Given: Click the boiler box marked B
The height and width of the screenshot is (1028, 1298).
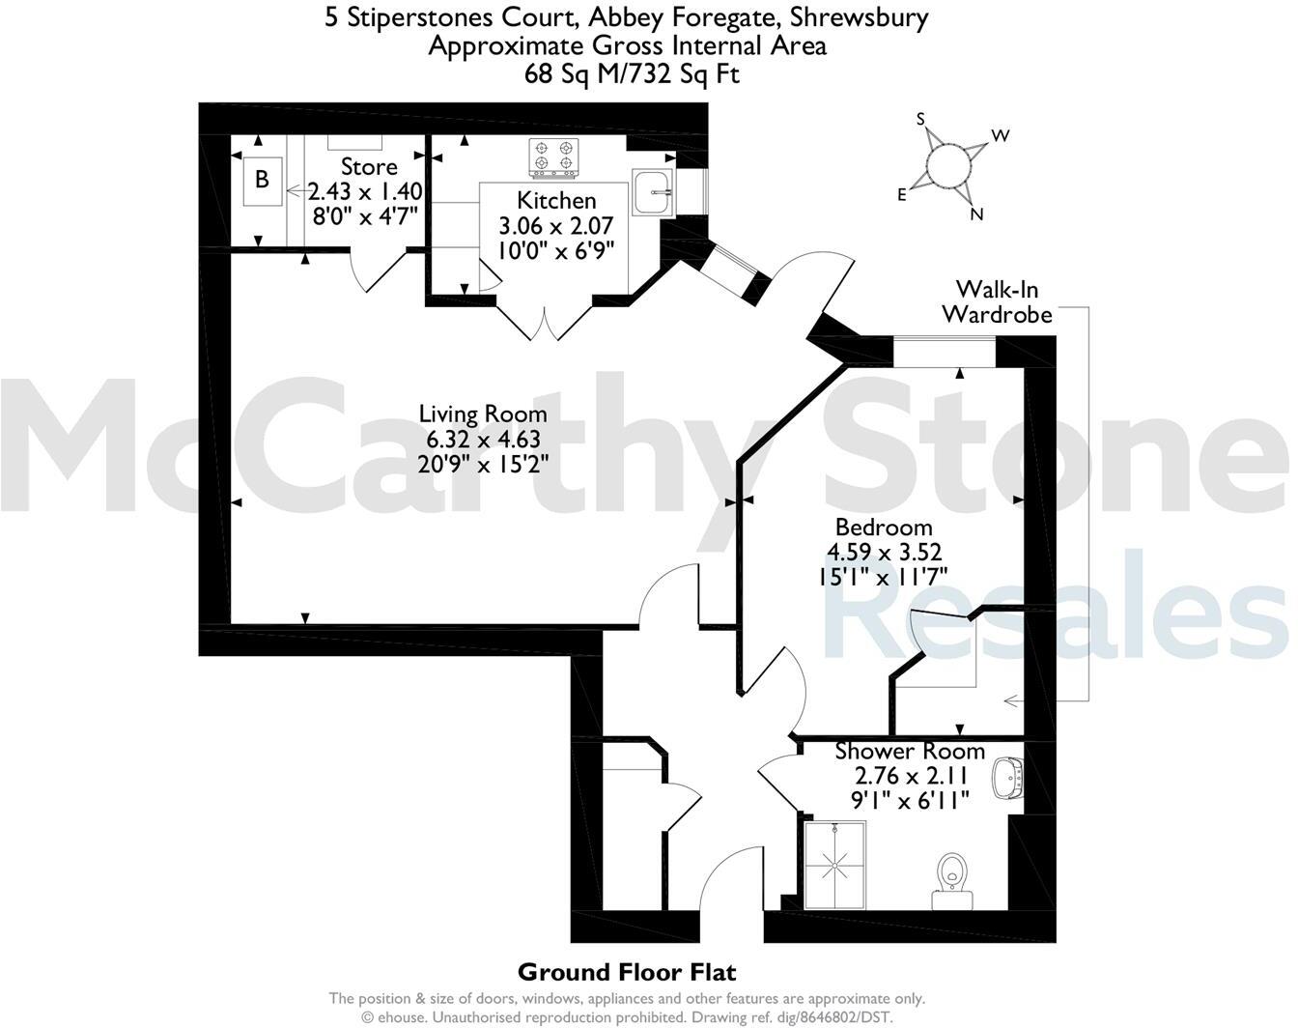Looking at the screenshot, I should click(x=262, y=180).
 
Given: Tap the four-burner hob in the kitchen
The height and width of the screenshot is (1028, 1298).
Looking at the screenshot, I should click(x=551, y=157).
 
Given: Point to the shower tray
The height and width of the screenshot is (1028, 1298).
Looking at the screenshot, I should click(x=834, y=864).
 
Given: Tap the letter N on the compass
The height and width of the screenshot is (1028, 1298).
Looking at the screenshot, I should click(x=976, y=214).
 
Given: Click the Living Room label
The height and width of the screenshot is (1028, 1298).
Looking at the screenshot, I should click(x=483, y=414).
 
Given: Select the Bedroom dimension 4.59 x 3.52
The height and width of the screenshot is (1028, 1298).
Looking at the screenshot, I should click(x=884, y=552).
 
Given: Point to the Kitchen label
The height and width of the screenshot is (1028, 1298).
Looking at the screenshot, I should click(x=556, y=201).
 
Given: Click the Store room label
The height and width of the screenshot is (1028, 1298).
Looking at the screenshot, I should click(x=369, y=167).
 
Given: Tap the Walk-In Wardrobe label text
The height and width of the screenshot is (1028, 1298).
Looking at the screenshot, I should click(x=997, y=301).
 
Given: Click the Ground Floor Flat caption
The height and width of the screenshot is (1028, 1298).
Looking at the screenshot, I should click(x=627, y=971).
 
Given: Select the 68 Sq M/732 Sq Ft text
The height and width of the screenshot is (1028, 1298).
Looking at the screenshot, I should click(x=632, y=73).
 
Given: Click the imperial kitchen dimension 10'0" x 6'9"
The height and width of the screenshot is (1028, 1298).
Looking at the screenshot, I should click(x=556, y=249).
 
